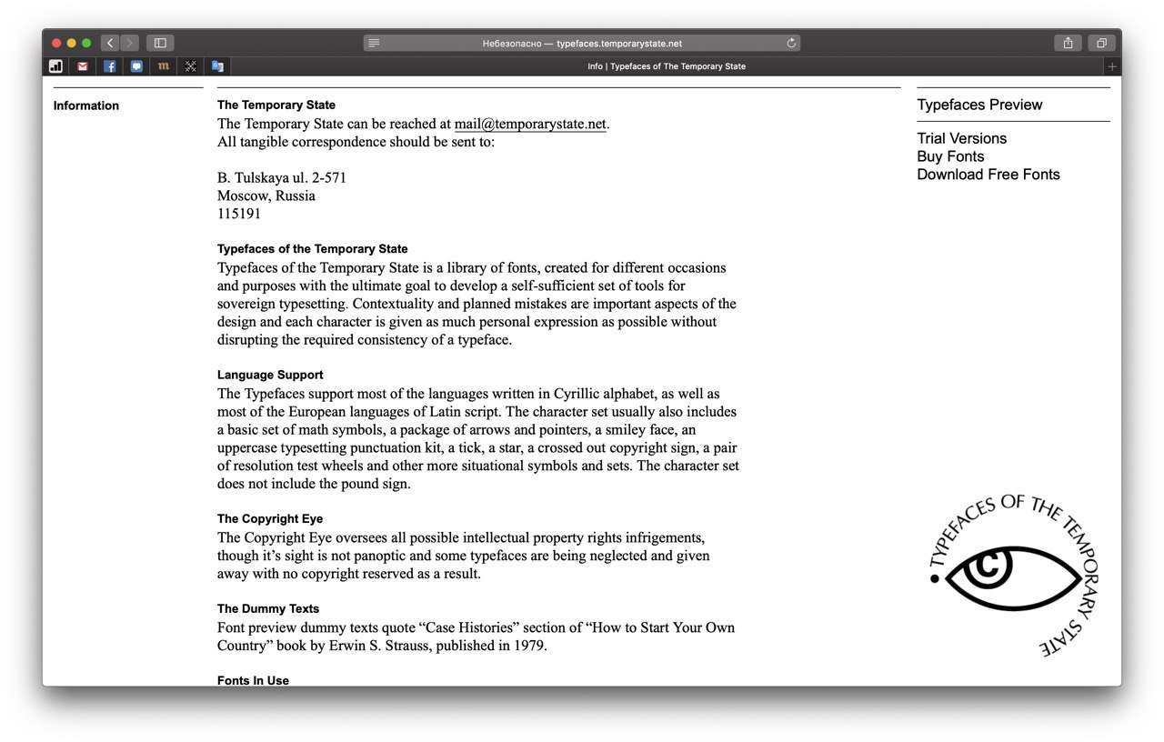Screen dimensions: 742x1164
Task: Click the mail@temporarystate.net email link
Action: [x=530, y=124]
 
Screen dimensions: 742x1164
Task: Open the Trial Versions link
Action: [x=961, y=138]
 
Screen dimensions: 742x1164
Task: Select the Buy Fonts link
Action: [x=950, y=156]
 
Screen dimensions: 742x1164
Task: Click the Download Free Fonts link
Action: [x=988, y=175]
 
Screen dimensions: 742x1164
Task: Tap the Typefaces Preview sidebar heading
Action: [x=979, y=105]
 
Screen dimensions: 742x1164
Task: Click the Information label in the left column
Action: [x=86, y=105]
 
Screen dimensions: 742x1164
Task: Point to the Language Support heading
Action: [x=270, y=375]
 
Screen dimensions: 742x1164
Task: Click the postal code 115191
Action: [x=239, y=214]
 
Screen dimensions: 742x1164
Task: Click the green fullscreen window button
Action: [x=86, y=43]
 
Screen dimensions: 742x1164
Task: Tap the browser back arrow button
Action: [x=110, y=43]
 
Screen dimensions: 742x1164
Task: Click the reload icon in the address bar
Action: [x=791, y=43]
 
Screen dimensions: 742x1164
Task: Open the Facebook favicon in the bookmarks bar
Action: [x=109, y=66]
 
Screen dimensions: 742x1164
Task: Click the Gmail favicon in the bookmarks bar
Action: [x=83, y=66]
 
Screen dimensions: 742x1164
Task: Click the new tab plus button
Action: [x=1111, y=66]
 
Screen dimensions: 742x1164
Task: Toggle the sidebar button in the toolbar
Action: [x=160, y=43]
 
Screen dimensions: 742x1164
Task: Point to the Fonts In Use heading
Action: [x=253, y=680]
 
